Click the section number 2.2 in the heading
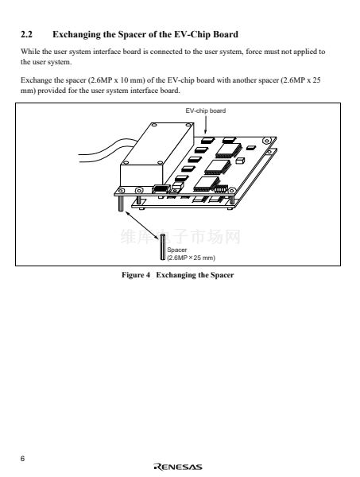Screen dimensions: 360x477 click(x=26, y=34)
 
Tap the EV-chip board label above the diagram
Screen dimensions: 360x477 click(x=206, y=111)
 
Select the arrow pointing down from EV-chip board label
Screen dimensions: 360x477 click(x=206, y=125)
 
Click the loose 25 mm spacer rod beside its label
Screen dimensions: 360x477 click(x=163, y=247)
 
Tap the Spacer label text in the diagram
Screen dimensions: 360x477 click(x=177, y=250)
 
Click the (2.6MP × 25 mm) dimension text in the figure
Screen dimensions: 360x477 click(x=192, y=258)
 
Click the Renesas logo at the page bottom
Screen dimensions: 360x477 click(x=178, y=467)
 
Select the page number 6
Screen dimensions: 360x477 click(x=23, y=459)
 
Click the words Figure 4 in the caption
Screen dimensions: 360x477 click(x=136, y=275)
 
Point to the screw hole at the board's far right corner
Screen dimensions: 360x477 click(x=267, y=141)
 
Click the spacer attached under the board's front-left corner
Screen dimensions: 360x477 click(x=121, y=204)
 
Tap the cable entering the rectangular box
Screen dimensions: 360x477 click(x=100, y=151)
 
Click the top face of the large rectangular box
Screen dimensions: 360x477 click(x=157, y=144)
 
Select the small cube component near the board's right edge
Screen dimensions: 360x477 click(x=240, y=161)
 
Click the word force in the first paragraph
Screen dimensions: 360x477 click(x=254, y=52)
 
